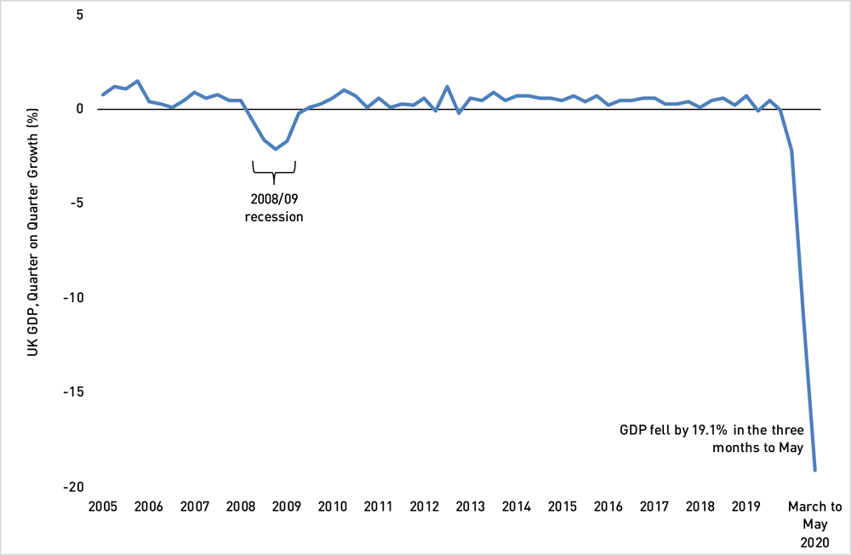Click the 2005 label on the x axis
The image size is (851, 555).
click(103, 506)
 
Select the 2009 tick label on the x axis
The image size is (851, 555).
click(287, 506)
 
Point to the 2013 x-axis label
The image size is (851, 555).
click(470, 506)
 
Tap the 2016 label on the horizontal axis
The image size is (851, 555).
click(608, 506)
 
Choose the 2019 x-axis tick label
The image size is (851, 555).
click(745, 506)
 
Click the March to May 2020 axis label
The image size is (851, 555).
click(814, 524)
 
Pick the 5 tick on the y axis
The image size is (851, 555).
click(80, 14)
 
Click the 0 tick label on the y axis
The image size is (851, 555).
click(80, 109)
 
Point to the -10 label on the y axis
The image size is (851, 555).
click(73, 298)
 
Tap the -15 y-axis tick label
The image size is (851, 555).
click(73, 392)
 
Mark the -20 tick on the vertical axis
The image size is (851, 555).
click(73, 487)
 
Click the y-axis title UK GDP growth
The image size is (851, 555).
click(33, 232)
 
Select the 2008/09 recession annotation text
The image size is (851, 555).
click(274, 208)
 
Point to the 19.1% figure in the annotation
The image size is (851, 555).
click(709, 430)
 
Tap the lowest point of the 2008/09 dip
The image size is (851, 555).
click(276, 149)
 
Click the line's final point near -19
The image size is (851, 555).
click(814, 470)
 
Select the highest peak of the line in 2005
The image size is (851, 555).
click(138, 81)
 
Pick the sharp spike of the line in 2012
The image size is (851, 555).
click(447, 86)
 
